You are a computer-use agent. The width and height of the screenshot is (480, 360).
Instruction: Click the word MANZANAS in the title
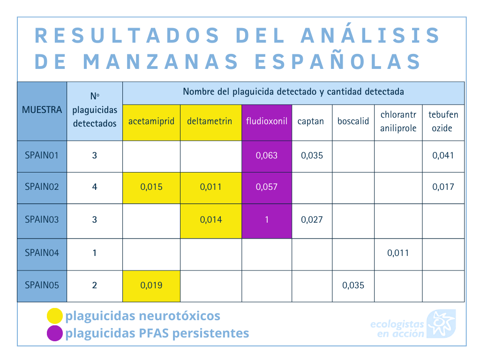(160, 61)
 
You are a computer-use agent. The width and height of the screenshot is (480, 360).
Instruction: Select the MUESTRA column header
(42, 110)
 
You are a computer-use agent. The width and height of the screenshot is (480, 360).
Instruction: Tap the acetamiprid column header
(151, 121)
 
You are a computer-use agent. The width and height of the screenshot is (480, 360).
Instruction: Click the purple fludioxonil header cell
(267, 123)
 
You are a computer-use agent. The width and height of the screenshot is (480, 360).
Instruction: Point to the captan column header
(310, 121)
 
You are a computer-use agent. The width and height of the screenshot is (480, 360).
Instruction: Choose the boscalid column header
(353, 121)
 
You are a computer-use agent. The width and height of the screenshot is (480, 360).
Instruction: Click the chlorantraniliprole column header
(398, 121)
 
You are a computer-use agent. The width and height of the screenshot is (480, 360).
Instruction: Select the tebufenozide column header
(443, 121)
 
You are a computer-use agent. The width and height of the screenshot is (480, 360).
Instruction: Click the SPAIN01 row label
(42, 156)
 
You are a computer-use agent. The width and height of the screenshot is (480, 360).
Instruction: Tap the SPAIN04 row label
(42, 253)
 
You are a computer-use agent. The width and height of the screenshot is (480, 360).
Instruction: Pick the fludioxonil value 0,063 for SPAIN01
(267, 156)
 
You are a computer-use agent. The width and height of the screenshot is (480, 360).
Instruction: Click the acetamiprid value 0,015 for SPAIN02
(151, 187)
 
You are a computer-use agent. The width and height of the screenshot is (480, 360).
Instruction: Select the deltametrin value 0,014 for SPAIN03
(211, 220)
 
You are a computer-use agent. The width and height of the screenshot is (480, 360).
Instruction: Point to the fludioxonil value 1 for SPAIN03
(267, 220)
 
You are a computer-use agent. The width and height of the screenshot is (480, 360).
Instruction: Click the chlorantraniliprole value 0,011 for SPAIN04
(398, 253)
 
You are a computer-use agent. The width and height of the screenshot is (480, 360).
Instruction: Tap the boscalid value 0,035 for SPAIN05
(353, 285)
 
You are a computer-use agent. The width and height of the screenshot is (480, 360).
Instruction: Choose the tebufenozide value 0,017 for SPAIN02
(443, 187)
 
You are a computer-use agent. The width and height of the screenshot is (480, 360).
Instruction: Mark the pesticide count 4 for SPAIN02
(95, 187)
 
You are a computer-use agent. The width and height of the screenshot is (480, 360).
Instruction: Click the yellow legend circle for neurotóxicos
(55, 316)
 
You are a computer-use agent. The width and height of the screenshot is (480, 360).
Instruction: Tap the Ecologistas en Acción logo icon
(441, 323)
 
